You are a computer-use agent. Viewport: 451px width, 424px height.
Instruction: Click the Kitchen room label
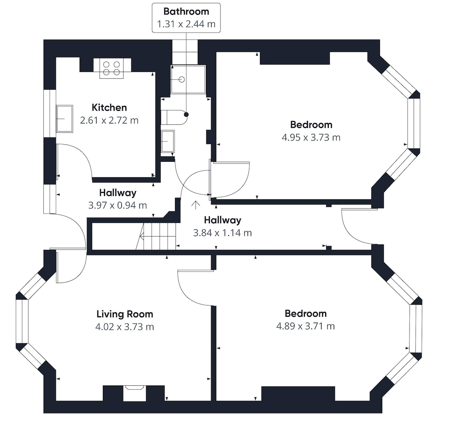pyautogui.click(x=109, y=108)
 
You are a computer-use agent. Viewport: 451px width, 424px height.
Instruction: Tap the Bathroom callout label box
pyautogui.click(x=186, y=18)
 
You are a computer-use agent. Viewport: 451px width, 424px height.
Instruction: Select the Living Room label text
pyautogui.click(x=125, y=314)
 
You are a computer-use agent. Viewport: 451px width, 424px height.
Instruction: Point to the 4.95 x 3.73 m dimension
pyautogui.click(x=311, y=137)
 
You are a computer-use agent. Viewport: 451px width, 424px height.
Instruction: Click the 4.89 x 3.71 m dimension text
pyautogui.click(x=305, y=326)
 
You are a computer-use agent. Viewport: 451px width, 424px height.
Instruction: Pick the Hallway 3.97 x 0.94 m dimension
pyautogui.click(x=118, y=205)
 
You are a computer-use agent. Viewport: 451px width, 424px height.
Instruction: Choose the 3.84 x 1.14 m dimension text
pyautogui.click(x=222, y=233)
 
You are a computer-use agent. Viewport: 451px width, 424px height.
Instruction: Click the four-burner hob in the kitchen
pyautogui.click(x=111, y=68)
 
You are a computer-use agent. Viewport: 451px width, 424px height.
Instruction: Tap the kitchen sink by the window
pyautogui.click(x=64, y=119)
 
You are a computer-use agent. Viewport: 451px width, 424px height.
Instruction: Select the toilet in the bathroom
pyautogui.click(x=174, y=117)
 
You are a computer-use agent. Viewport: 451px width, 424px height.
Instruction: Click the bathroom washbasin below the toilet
pyautogui.click(x=168, y=141)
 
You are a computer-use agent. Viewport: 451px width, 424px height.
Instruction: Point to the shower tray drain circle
pyautogui.click(x=181, y=79)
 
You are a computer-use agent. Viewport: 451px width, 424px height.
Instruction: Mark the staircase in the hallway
pyautogui.click(x=156, y=236)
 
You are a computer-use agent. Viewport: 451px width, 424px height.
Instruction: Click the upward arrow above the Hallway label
pyautogui.click(x=196, y=205)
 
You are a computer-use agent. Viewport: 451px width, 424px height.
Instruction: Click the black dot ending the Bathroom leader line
pyautogui.click(x=186, y=114)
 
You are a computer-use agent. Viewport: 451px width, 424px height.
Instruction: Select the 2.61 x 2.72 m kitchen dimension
pyautogui.click(x=109, y=120)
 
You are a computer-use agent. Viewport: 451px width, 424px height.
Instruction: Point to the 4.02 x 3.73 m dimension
pyautogui.click(x=125, y=327)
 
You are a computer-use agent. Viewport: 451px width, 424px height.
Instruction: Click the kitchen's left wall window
pyautogui.click(x=50, y=113)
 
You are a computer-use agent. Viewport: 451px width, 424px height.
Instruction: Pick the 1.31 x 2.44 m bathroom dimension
pyautogui.click(x=186, y=24)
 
